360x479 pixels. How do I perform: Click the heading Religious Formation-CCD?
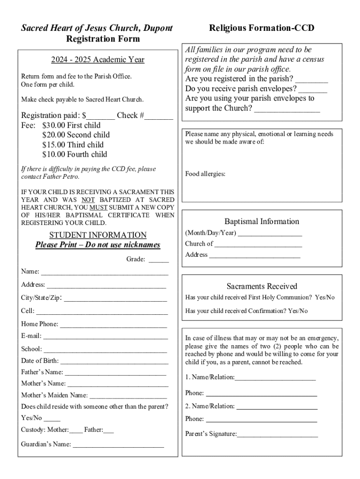pyautogui.click(x=262, y=29)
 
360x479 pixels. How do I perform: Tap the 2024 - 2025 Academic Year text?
pyautogui.click(x=98, y=59)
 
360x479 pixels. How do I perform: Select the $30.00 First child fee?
pyautogui.click(x=71, y=125)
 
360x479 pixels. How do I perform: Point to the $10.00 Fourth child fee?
pyautogui.click(x=74, y=154)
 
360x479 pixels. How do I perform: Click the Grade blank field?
pyautogui.click(x=158, y=260)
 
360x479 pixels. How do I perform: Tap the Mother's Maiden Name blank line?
pyautogui.click(x=128, y=396)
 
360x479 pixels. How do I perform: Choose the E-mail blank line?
pyautogui.click(x=106, y=337)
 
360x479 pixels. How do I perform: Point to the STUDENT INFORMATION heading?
pyautogui.click(x=98, y=235)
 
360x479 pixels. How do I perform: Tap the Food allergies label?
pyautogui.click(x=205, y=174)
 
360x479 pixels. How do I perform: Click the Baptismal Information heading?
pyautogui.click(x=262, y=222)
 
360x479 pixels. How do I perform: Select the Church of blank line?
pyautogui.click(x=258, y=245)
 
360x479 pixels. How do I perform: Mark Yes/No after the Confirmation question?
pyautogui.click(x=298, y=311)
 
